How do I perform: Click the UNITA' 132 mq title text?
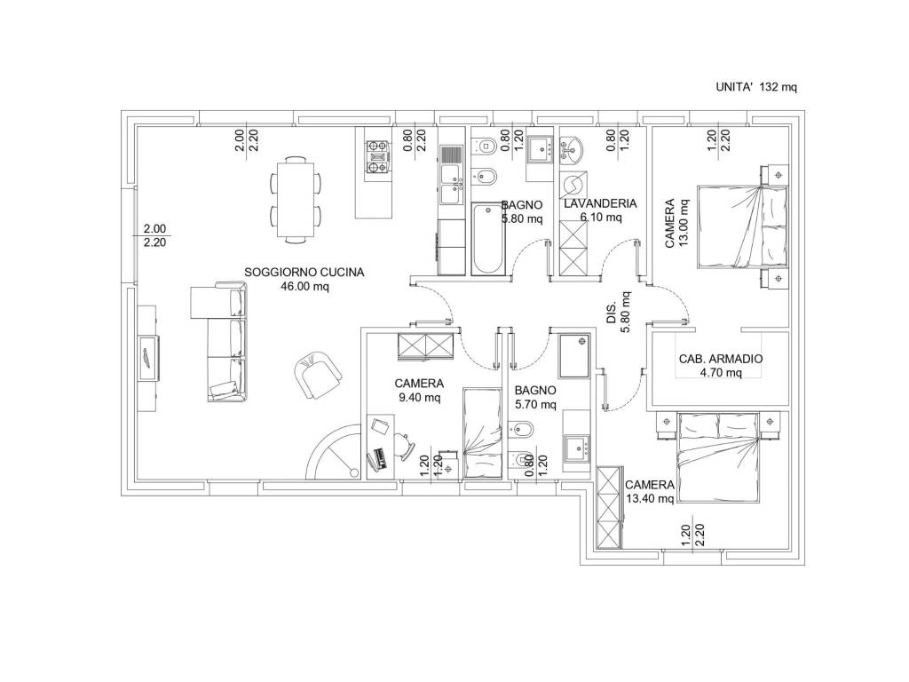click(756, 88)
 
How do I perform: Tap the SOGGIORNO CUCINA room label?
click(304, 272)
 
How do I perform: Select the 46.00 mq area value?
click(304, 286)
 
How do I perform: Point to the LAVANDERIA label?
click(600, 203)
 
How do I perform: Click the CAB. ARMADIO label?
click(721, 359)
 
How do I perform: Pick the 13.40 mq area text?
click(650, 498)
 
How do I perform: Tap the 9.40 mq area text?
click(419, 397)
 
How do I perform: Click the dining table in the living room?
click(296, 200)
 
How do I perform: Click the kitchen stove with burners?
click(376, 157)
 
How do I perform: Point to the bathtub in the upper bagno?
click(487, 238)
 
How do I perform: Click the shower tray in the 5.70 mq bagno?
click(574, 355)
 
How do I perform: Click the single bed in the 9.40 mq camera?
click(482, 433)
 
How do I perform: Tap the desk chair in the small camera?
click(404, 446)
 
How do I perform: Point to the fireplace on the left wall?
click(149, 358)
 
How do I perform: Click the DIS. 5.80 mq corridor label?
click(618, 312)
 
